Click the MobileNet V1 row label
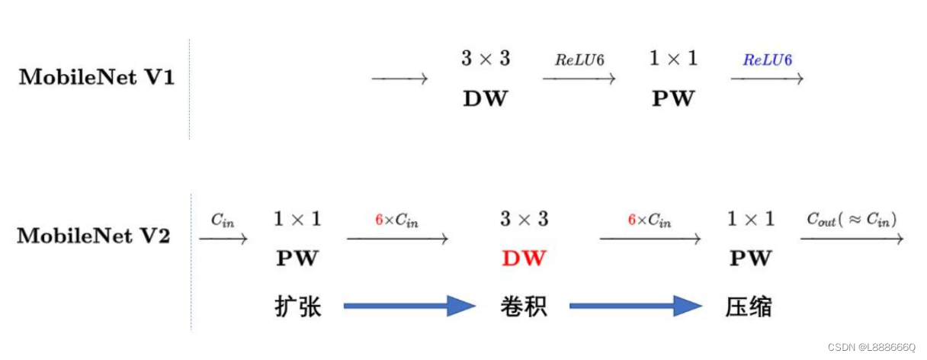point(97,78)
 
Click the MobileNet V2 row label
point(94,236)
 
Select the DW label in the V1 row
point(485,99)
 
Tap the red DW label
point(524,259)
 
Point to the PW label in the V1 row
point(673,99)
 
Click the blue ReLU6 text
point(767,60)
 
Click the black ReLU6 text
point(579,60)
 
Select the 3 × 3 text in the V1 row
point(485,59)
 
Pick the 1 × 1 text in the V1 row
point(673,59)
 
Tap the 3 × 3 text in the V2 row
point(524,220)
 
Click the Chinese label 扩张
point(297,307)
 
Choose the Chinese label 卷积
point(524,307)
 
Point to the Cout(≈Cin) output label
point(852,220)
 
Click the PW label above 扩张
point(297,259)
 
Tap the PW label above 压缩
point(750,259)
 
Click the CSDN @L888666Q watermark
point(871,347)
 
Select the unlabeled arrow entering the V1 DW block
point(399,79)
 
